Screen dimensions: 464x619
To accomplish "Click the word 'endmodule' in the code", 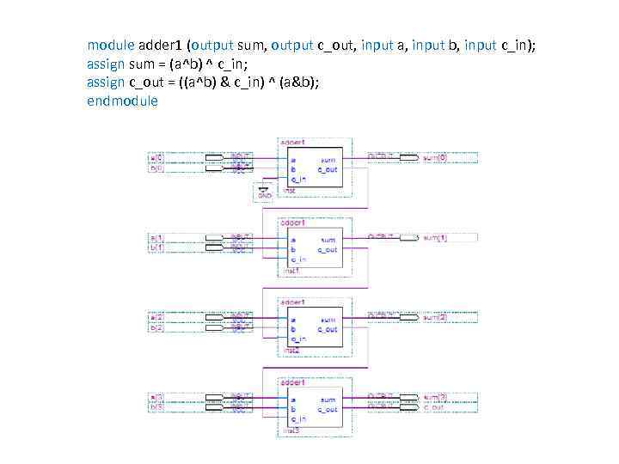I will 123,101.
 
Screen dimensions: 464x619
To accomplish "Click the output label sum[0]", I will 435,158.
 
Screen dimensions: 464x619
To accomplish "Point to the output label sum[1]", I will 435,238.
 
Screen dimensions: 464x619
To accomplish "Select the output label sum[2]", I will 435,318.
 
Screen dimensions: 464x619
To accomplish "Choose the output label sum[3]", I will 435,398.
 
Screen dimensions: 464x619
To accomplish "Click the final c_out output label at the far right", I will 433,407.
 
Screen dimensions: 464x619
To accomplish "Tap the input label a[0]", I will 156,158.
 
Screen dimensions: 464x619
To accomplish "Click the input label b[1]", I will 156,248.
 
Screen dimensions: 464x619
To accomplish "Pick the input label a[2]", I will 156,318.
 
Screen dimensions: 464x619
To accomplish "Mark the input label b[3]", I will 156,408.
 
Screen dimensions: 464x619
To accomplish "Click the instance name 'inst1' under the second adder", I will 291,270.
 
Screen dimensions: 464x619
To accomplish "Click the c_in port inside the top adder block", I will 298,180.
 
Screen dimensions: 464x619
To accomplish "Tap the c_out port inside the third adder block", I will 328,329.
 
